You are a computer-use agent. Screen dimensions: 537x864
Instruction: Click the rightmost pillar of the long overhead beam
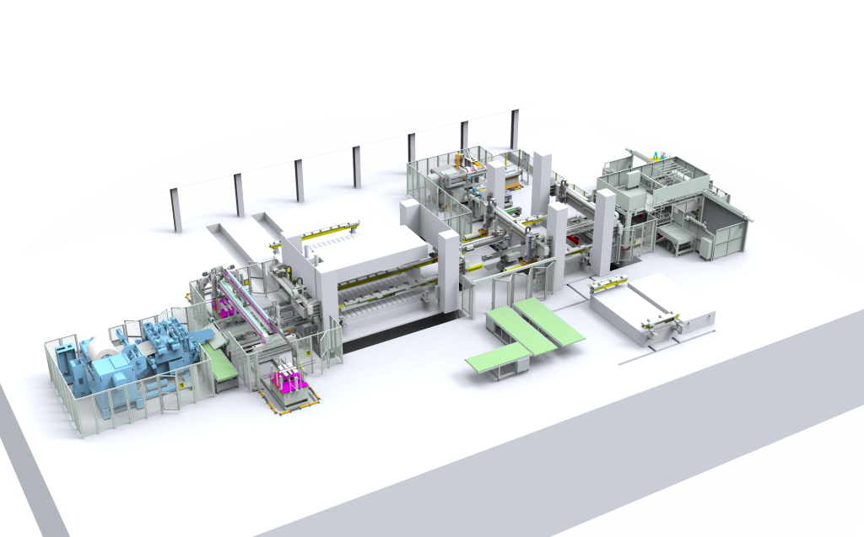[514, 126]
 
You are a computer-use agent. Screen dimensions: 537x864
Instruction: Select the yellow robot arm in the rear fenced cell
[460, 160]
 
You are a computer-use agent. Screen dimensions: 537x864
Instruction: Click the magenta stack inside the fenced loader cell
[225, 303]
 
